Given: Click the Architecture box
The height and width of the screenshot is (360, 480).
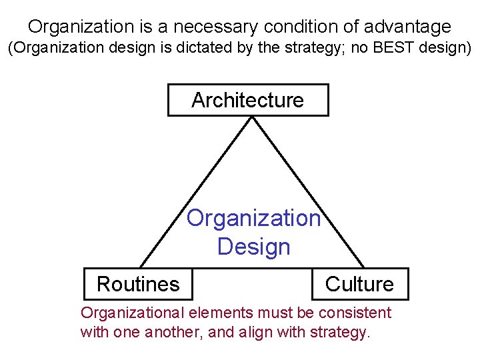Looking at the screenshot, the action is [x=247, y=100].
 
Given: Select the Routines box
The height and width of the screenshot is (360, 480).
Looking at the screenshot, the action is [x=138, y=284].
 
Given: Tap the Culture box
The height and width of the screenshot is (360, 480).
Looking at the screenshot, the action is [x=359, y=284].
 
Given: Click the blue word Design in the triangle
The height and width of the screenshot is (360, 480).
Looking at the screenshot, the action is [x=253, y=247].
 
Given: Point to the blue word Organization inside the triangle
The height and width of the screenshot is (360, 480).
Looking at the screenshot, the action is [x=253, y=218].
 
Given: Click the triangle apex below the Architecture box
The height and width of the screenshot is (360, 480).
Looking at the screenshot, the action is [x=251, y=118].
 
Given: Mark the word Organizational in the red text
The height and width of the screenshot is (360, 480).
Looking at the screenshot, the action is [x=133, y=313].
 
